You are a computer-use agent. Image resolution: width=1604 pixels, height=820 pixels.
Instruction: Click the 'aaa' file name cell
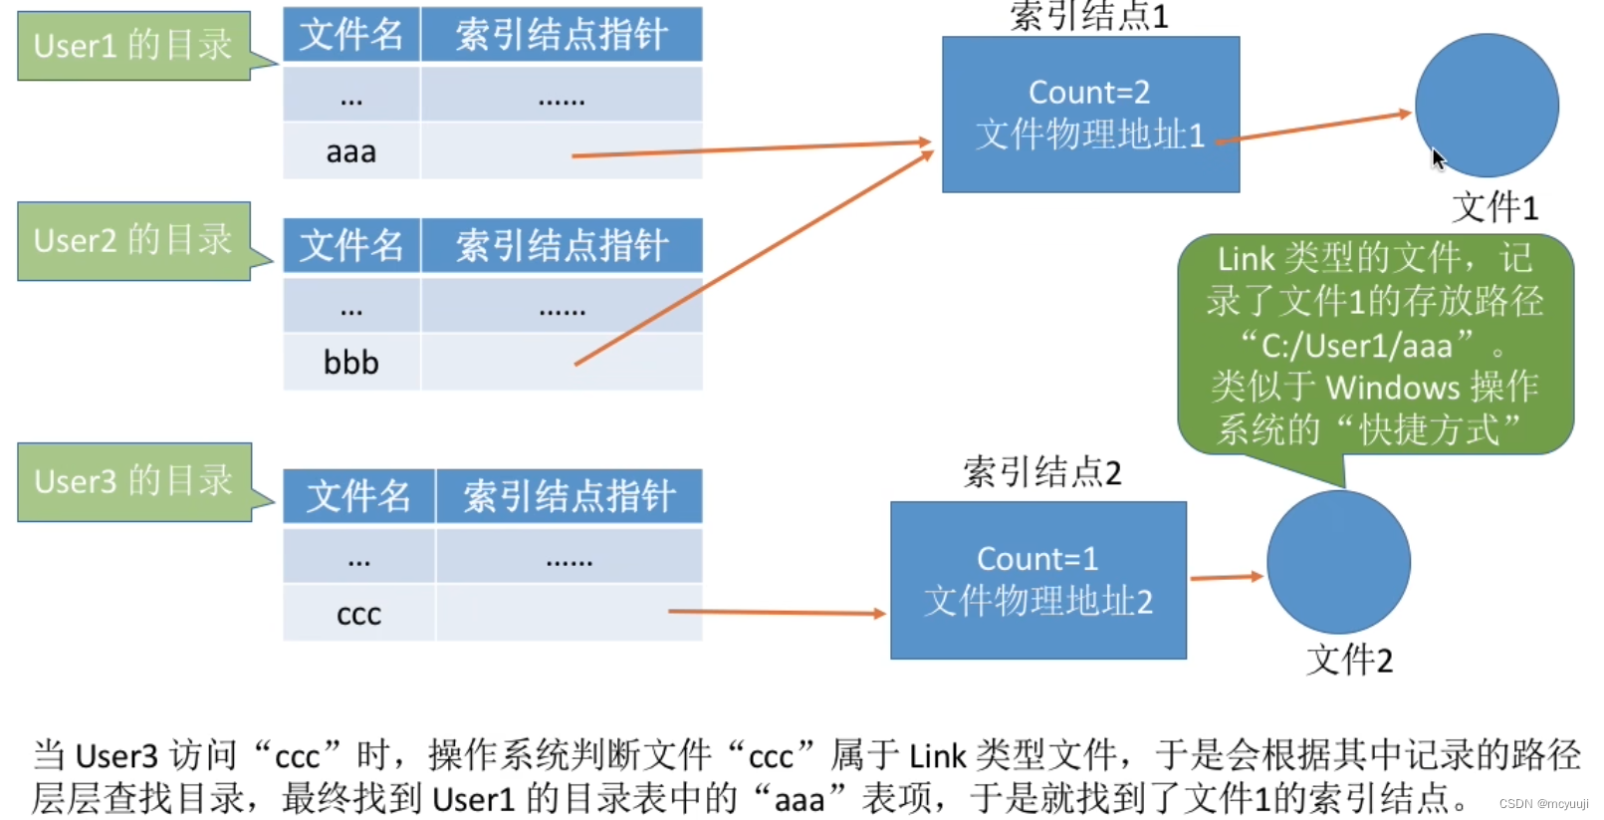tap(351, 152)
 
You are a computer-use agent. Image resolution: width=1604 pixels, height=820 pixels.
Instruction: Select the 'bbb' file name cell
tap(351, 363)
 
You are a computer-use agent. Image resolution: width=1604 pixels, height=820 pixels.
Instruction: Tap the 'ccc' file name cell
tap(358, 614)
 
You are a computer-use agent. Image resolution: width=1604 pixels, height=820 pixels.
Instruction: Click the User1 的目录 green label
tap(133, 46)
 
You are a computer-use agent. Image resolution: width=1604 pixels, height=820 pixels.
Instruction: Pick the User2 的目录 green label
tap(133, 241)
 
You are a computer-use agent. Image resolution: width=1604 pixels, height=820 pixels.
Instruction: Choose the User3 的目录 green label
tap(133, 482)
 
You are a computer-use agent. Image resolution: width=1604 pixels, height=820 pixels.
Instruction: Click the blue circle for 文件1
tap(1487, 106)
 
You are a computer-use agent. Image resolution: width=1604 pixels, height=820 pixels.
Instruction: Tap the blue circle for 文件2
tap(1338, 562)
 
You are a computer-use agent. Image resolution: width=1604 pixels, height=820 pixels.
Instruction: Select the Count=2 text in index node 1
tap(1089, 93)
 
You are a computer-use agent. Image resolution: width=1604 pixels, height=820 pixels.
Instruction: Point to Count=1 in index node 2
tap(1037, 559)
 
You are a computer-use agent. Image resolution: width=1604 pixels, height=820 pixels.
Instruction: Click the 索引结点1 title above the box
tap(1089, 16)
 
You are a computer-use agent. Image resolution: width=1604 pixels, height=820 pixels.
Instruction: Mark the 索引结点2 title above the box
tap(1041, 472)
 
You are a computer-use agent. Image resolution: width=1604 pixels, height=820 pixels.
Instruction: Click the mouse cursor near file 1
tap(1437, 157)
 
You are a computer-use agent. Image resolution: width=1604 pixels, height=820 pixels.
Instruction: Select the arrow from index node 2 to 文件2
tap(1226, 577)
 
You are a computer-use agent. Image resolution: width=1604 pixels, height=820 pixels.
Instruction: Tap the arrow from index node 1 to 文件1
tap(1314, 128)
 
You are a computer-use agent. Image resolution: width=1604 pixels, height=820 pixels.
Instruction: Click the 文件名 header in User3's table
tap(358, 496)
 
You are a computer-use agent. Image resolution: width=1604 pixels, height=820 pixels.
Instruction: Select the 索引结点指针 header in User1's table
tap(562, 35)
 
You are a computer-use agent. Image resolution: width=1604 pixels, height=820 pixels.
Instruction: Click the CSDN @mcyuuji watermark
tap(1543, 804)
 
